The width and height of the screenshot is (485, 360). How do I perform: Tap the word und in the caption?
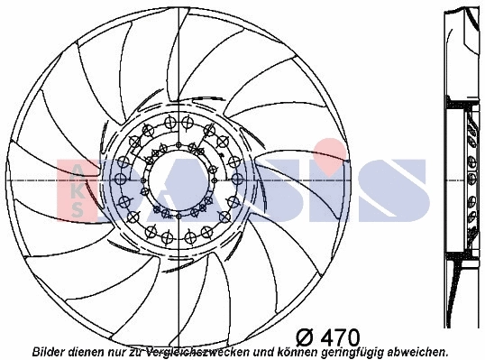[x=268, y=351]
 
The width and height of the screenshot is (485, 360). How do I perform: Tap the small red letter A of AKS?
[x=78, y=171]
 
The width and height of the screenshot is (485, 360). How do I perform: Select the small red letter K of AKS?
[x=78, y=189]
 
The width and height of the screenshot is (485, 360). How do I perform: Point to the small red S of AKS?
[x=78, y=208]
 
